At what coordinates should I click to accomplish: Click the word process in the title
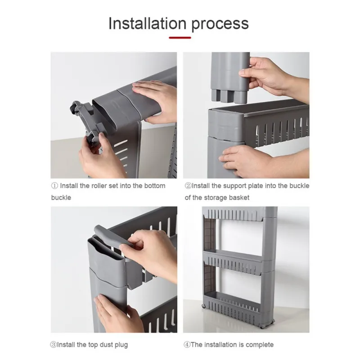coord(220,24)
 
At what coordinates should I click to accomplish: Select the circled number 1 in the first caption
coord(54,186)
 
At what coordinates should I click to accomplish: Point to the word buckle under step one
coord(61,198)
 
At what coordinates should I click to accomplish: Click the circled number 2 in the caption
coord(188,186)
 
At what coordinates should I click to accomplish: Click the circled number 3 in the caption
coord(54,345)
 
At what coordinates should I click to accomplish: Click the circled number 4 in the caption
coord(188,345)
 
